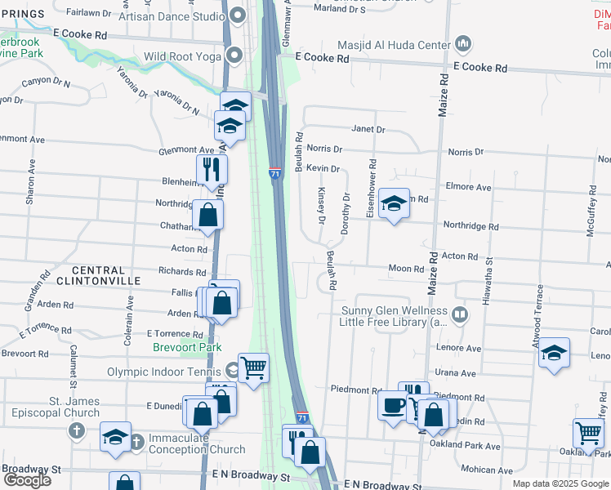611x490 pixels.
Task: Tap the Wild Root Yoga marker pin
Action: tap(235, 56)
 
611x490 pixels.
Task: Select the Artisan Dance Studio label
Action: tap(172, 16)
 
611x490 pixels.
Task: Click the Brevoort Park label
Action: tap(187, 347)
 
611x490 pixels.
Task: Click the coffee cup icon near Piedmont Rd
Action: tap(392, 404)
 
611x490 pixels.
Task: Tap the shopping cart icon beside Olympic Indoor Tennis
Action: tap(254, 367)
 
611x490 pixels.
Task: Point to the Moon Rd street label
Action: tap(406, 269)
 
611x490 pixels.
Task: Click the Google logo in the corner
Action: tap(27, 480)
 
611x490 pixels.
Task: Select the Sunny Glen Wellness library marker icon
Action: tap(460, 314)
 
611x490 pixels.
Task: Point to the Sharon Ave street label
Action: tap(31, 188)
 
